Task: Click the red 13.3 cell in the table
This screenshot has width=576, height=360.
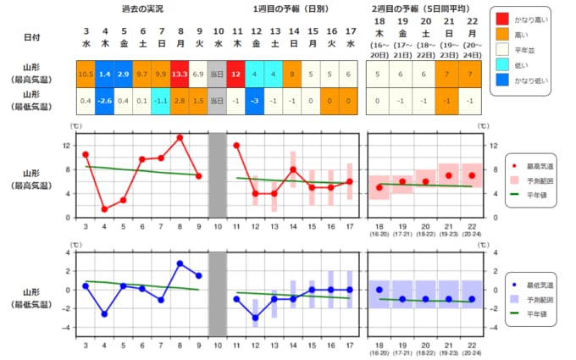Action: (x=179, y=75)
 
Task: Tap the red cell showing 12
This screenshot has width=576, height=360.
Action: (x=236, y=75)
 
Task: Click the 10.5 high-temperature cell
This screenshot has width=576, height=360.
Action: (x=86, y=75)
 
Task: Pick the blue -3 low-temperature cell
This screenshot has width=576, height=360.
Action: (x=255, y=102)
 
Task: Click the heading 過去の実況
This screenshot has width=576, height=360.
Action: (x=141, y=8)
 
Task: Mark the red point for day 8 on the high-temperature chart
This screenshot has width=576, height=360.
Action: (x=180, y=137)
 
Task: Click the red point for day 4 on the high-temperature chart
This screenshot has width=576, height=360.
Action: (x=104, y=208)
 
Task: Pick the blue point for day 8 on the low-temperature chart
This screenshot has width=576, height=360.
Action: (x=180, y=263)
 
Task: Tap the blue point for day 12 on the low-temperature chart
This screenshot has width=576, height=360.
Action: (x=255, y=318)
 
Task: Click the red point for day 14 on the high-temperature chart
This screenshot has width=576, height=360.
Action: (x=293, y=169)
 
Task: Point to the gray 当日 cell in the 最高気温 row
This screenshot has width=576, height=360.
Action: (x=217, y=75)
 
